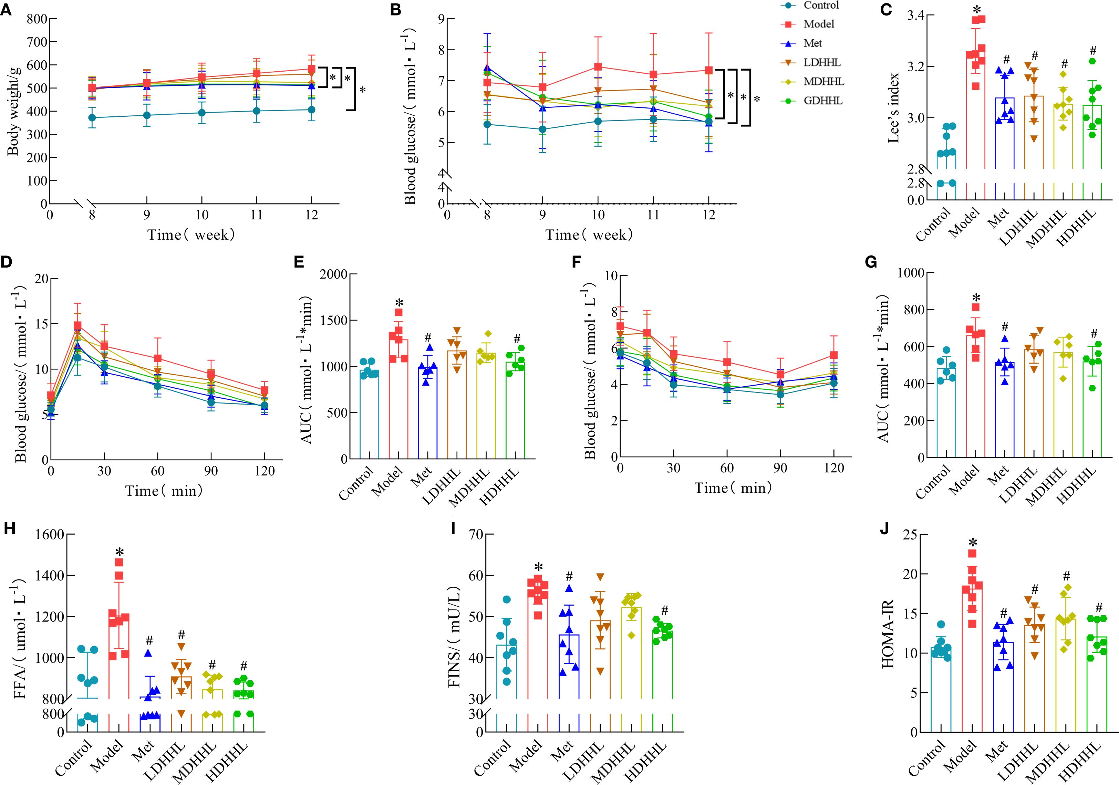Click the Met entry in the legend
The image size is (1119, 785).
click(812, 43)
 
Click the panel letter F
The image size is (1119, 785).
click(576, 263)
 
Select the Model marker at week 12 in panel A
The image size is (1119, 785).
click(311, 69)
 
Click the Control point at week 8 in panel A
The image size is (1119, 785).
click(92, 117)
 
